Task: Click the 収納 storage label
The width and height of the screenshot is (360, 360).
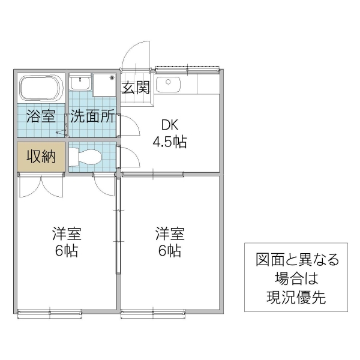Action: pos(41,157)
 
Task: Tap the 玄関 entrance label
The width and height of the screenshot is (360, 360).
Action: pos(136,88)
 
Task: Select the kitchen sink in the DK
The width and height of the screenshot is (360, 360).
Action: pos(169,85)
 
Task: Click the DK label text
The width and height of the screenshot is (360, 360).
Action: pos(170,125)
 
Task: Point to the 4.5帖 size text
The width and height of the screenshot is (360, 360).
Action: pos(170,143)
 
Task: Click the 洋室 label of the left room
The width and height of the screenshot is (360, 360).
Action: pos(66,232)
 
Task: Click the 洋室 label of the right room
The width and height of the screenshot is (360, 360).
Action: pos(170,232)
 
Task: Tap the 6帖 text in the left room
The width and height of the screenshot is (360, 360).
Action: pos(66,250)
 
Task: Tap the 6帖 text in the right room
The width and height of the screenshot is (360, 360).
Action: pos(170,250)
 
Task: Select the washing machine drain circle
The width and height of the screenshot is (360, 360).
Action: pos(112,77)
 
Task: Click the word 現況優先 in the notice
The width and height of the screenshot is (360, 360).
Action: pos(296,297)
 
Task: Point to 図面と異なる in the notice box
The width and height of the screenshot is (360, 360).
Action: pos(296,260)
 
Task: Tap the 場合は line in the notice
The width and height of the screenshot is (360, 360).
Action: pos(296,279)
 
